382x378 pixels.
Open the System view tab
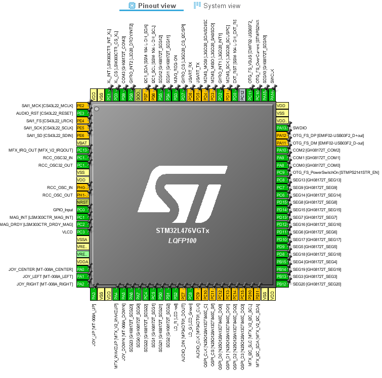[x=217, y=6]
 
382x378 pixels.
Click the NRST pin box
[x=82, y=202]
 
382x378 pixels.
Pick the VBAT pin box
[x=82, y=143]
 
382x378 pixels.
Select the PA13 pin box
[x=282, y=128]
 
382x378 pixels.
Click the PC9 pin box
[x=282, y=172]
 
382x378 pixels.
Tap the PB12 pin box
[x=282, y=284]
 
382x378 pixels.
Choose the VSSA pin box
[x=82, y=239]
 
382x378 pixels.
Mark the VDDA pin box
[x=82, y=262]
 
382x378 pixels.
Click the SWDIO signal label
[x=300, y=128]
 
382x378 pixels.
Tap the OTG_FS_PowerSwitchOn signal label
[x=336, y=172]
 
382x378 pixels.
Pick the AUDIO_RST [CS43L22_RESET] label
[x=45, y=113]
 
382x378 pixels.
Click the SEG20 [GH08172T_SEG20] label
[x=317, y=284]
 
